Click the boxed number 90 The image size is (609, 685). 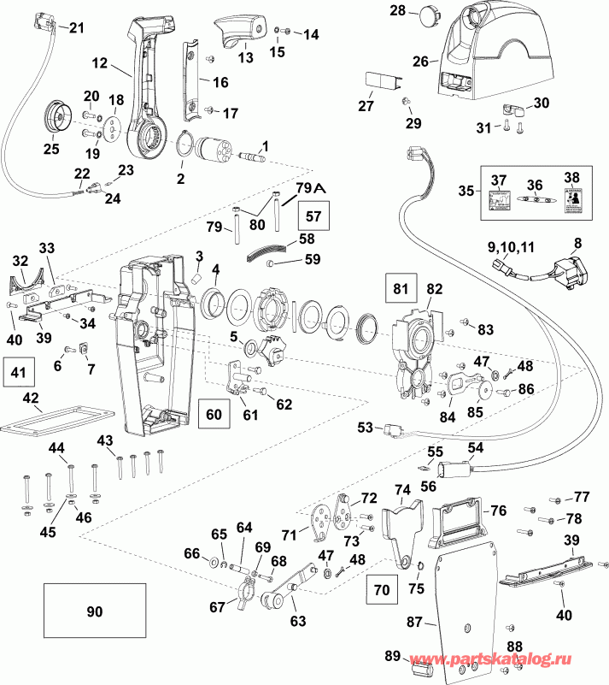[x=94, y=611]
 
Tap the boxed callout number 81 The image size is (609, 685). [x=400, y=287]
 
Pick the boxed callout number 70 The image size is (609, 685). [x=381, y=589]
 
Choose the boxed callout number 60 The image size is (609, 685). [x=214, y=414]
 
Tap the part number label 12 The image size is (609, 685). [x=101, y=62]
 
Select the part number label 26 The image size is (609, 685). [x=420, y=62]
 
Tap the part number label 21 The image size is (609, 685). [x=78, y=27]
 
